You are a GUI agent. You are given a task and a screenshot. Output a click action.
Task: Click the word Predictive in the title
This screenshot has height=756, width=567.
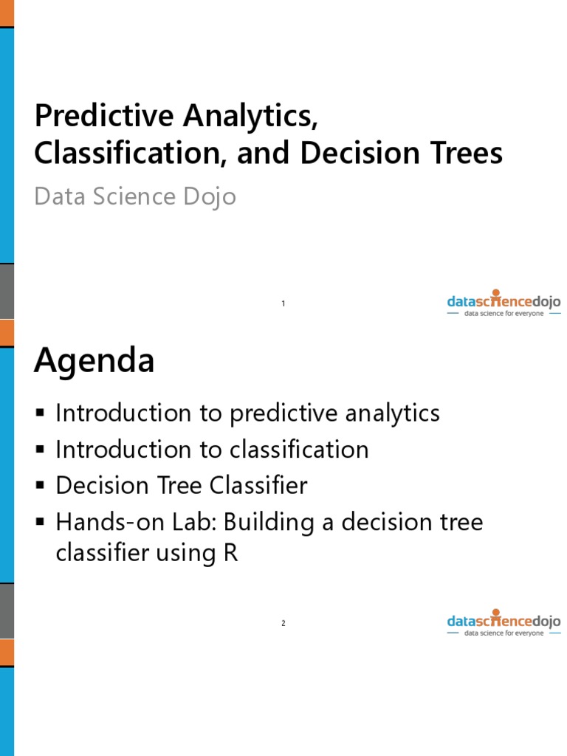click(89, 116)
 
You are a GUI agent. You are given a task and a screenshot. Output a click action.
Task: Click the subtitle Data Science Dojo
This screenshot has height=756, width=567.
click(135, 196)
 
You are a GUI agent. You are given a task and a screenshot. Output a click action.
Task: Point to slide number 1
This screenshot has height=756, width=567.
click(283, 304)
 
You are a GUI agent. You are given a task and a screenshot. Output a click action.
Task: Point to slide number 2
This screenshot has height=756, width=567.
click(283, 624)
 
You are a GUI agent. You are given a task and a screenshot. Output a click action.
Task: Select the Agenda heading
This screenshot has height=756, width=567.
click(94, 362)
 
